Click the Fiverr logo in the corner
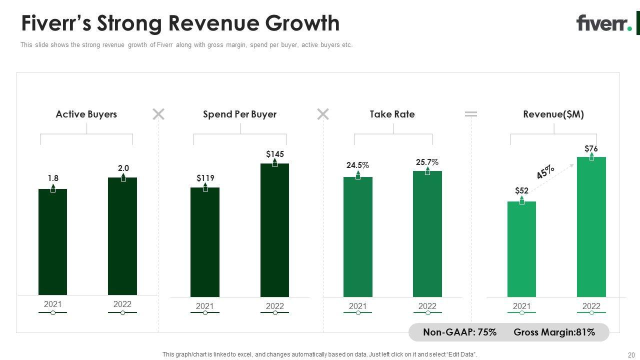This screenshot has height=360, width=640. pos(604,23)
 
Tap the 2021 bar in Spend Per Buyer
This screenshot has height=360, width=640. pos(205,242)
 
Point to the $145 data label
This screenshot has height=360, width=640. pos(275,154)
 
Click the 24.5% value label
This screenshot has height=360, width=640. pos(357,165)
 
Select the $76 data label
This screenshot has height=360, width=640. pos(591,148)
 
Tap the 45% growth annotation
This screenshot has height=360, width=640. pos(545,171)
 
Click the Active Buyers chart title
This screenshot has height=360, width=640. pos(86,114)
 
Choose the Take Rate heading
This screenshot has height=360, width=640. pos(392,114)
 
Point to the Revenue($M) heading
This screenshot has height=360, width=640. pos(553,114)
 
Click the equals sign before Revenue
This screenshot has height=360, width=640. pos(471,114)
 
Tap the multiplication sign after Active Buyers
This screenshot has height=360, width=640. pos(158,114)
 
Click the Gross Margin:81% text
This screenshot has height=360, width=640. pos(554,332)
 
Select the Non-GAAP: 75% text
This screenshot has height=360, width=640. pos(459,332)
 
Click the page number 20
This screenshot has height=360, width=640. pos(631,355)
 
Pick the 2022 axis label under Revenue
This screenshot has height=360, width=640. pos(591,306)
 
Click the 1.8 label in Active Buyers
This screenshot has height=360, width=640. pos(53,178)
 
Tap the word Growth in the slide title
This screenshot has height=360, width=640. pos(302,23)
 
